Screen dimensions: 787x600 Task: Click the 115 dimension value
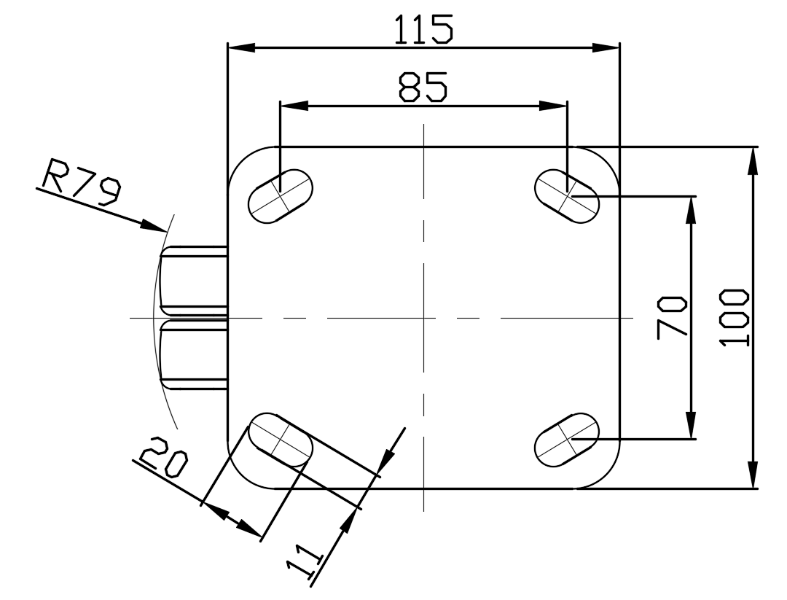[x=423, y=30]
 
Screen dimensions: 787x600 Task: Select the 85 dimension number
[x=423, y=86]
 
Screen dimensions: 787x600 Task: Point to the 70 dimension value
[x=672, y=317]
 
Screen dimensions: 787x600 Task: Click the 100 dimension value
[x=734, y=317]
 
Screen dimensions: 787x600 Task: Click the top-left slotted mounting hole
[x=281, y=196]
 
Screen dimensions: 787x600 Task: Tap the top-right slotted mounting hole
[x=567, y=196]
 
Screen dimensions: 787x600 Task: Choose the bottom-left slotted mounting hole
[x=281, y=440]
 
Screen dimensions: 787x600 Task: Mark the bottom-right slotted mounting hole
[x=567, y=440]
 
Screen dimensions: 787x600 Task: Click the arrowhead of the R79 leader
[x=154, y=226]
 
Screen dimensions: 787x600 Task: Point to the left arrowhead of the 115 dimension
[x=241, y=47]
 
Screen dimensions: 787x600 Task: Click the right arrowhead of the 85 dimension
[x=553, y=106]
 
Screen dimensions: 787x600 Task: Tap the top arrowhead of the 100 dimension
[x=752, y=160]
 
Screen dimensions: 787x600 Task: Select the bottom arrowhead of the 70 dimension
[x=691, y=425]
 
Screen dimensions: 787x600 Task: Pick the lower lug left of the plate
[x=193, y=354]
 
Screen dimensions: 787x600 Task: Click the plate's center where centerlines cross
[x=424, y=317]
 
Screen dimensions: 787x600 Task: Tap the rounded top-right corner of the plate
[x=606, y=160]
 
